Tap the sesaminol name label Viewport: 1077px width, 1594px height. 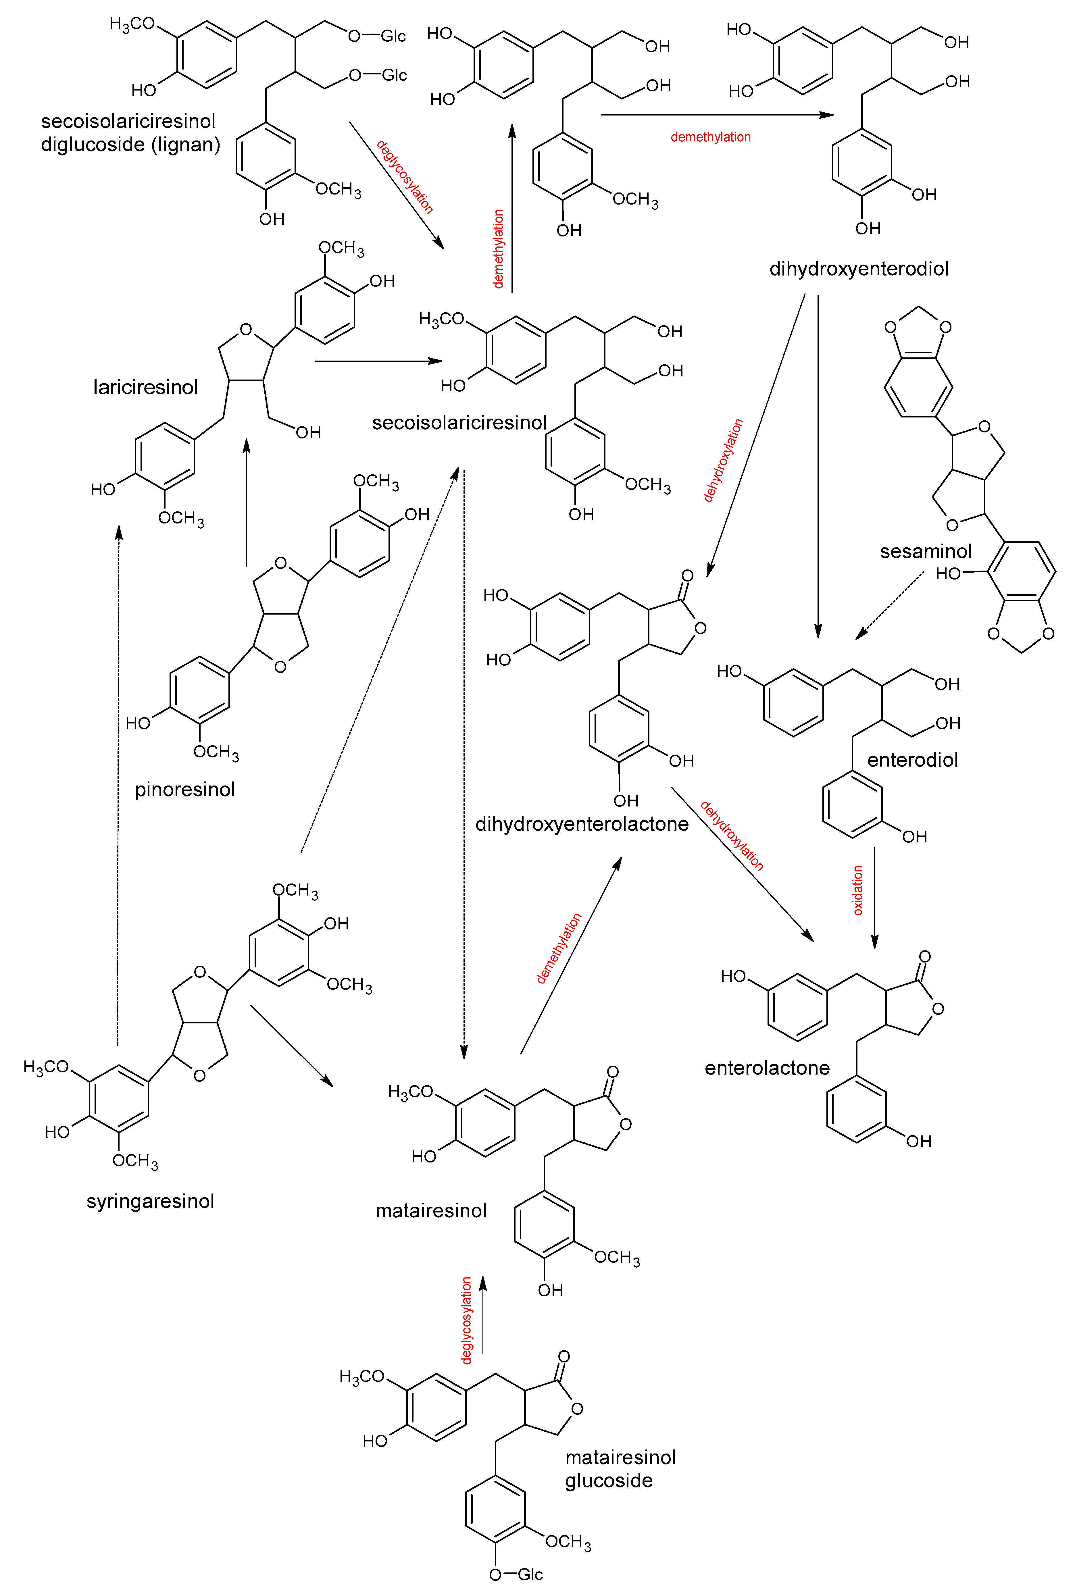(925, 551)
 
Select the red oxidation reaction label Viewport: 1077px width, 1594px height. (857, 890)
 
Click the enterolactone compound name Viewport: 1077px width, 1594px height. (767, 1068)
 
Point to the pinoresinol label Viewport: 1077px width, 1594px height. (184, 790)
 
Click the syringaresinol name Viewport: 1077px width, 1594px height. (150, 1201)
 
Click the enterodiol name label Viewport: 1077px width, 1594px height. (912, 760)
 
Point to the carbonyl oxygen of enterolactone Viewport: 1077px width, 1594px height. (925, 957)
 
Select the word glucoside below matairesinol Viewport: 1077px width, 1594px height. (609, 1481)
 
